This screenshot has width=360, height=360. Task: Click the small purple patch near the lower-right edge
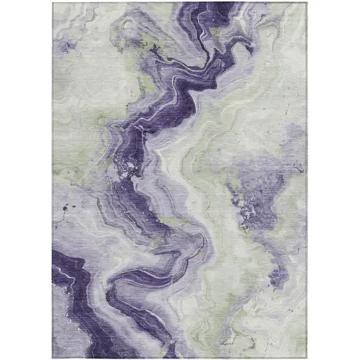[281, 275]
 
